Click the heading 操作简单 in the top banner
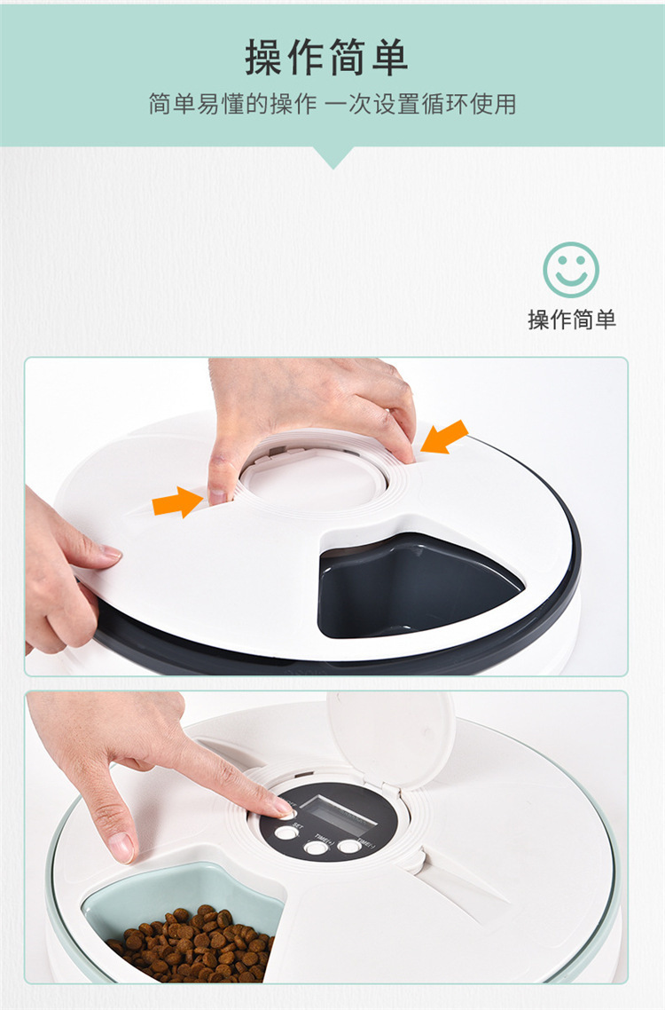pos(326,58)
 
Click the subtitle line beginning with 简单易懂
pos(332,105)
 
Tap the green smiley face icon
pos(570,270)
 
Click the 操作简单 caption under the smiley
pos(571,320)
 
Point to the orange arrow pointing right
pos(177,502)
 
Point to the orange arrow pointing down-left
pos(445,437)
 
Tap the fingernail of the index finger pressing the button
pos(284,808)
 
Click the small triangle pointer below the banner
pos(333,157)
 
